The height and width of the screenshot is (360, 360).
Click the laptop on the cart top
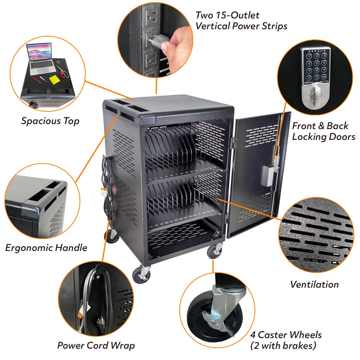pyautogui.click(x=41, y=59)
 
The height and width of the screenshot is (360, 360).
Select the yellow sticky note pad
pyautogui.click(x=55, y=79)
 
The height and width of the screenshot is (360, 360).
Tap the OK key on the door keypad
pyautogui.click(x=323, y=77)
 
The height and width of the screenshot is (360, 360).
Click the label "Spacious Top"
pyautogui.click(x=50, y=121)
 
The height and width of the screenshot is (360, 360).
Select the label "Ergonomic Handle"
pyautogui.click(x=46, y=248)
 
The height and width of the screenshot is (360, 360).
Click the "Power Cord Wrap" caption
pyautogui.click(x=96, y=346)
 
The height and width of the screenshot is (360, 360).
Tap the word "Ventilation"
pyautogui.click(x=314, y=284)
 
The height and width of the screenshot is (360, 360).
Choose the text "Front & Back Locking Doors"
pyautogui.click(x=323, y=131)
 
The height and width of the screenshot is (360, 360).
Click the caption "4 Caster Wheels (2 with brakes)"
pyautogui.click(x=286, y=340)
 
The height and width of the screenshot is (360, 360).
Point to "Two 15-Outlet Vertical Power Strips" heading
pyautogui.click(x=241, y=21)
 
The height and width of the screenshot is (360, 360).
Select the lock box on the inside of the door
pyautogui.click(x=268, y=176)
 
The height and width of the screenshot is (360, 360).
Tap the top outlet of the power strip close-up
pyautogui.click(x=151, y=16)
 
